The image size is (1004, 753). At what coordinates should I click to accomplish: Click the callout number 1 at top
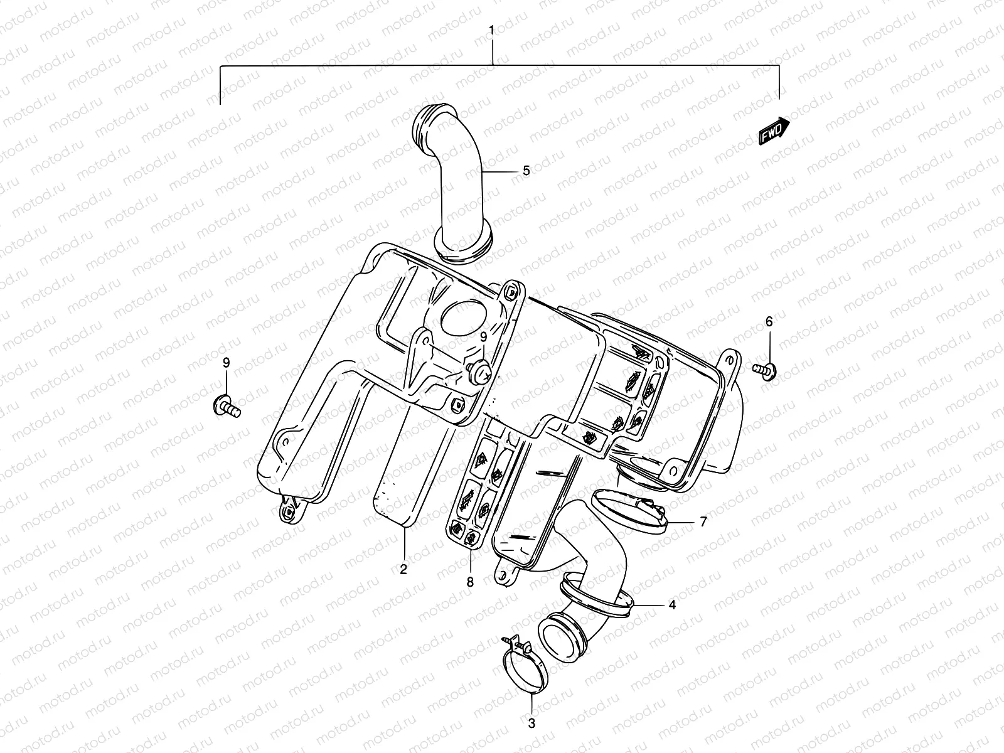[492, 30]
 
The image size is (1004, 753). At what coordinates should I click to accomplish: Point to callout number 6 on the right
[769, 322]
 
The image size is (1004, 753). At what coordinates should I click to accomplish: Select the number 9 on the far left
[227, 363]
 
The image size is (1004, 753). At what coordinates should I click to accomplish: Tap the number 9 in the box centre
[484, 338]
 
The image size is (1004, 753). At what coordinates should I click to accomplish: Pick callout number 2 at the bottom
[403, 570]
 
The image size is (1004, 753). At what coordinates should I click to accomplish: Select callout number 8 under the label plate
[470, 582]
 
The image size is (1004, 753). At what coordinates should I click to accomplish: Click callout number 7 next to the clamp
[703, 521]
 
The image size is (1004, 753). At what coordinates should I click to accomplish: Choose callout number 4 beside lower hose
[672, 605]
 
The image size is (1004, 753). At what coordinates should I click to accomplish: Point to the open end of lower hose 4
[562, 635]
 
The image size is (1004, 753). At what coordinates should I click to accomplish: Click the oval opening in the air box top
[466, 317]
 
